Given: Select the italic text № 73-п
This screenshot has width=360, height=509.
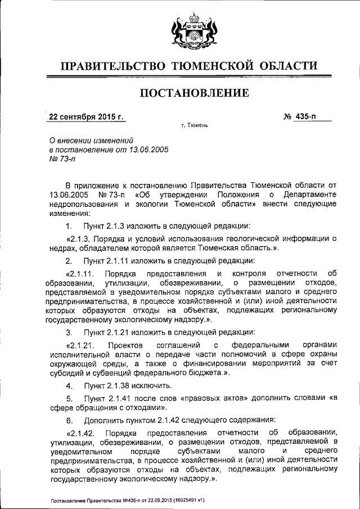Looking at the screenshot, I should [x=58, y=159].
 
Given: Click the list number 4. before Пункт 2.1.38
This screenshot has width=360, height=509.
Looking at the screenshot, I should [x=69, y=386].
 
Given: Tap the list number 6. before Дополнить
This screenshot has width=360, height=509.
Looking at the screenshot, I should [x=69, y=420].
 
